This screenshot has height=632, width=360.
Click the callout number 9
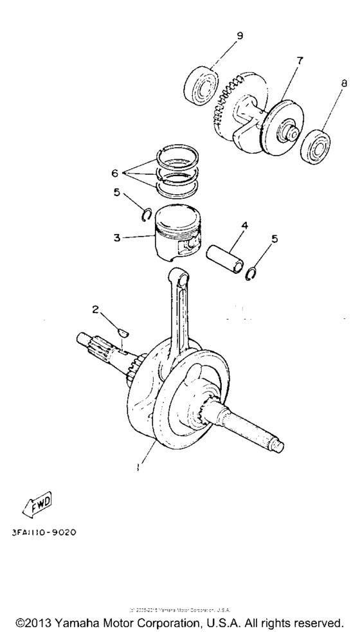pyautogui.click(x=240, y=35)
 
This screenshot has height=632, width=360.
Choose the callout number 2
pyautogui.click(x=94, y=310)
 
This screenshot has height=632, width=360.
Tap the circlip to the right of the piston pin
pyautogui.click(x=253, y=273)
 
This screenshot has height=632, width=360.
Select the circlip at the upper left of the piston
pyautogui.click(x=147, y=214)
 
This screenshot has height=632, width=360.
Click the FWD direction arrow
pyautogui.click(x=39, y=504)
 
